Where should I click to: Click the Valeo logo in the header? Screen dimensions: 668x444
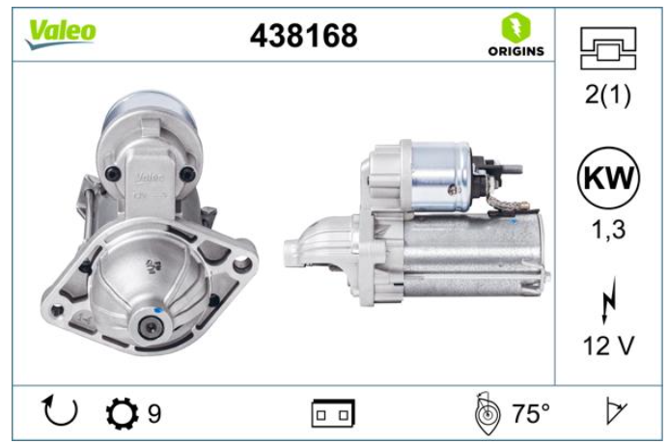pos(61,34)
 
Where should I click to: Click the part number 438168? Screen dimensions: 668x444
pos(304,36)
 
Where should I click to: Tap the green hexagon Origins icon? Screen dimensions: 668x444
pos(515,27)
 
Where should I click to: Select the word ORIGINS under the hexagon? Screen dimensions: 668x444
pos(515,51)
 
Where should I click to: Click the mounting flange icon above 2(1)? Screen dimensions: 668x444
pos(608,48)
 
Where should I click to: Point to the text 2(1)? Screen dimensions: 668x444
pos(608,95)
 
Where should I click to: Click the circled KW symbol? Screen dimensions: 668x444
pos(608,178)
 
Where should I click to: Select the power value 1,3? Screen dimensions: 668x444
pos(609,230)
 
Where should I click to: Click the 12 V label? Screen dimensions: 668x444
pos(608,346)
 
